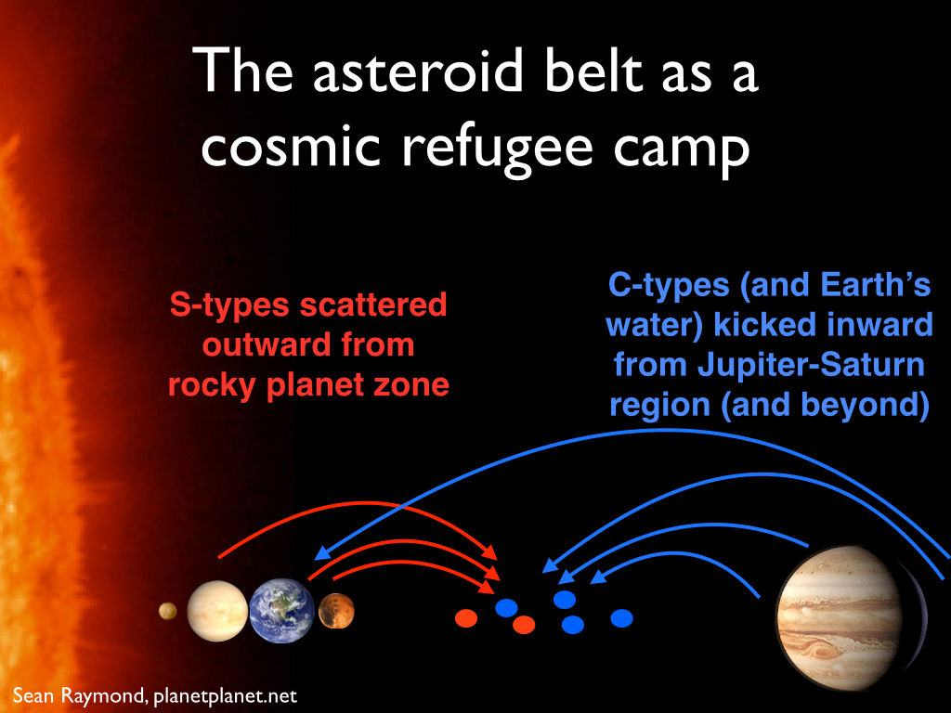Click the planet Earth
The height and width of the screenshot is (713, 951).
click(x=282, y=611)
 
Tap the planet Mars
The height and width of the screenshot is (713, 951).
click(x=336, y=611)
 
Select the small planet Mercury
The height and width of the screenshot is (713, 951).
click(x=167, y=611)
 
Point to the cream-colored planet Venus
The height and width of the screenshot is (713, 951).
click(x=217, y=611)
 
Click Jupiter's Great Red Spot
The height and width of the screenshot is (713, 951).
click(x=819, y=652)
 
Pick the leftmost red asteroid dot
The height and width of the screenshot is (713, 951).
click(x=466, y=618)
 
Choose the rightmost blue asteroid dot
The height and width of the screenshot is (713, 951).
click(x=621, y=618)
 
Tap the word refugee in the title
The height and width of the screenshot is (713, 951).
click(x=497, y=149)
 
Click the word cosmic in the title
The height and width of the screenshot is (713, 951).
click(x=291, y=148)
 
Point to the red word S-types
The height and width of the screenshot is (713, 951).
click(x=230, y=305)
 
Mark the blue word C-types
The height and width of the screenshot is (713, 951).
click(x=669, y=286)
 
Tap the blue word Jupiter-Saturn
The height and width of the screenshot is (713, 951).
click(x=811, y=365)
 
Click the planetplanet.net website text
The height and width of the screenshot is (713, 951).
click(x=225, y=696)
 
